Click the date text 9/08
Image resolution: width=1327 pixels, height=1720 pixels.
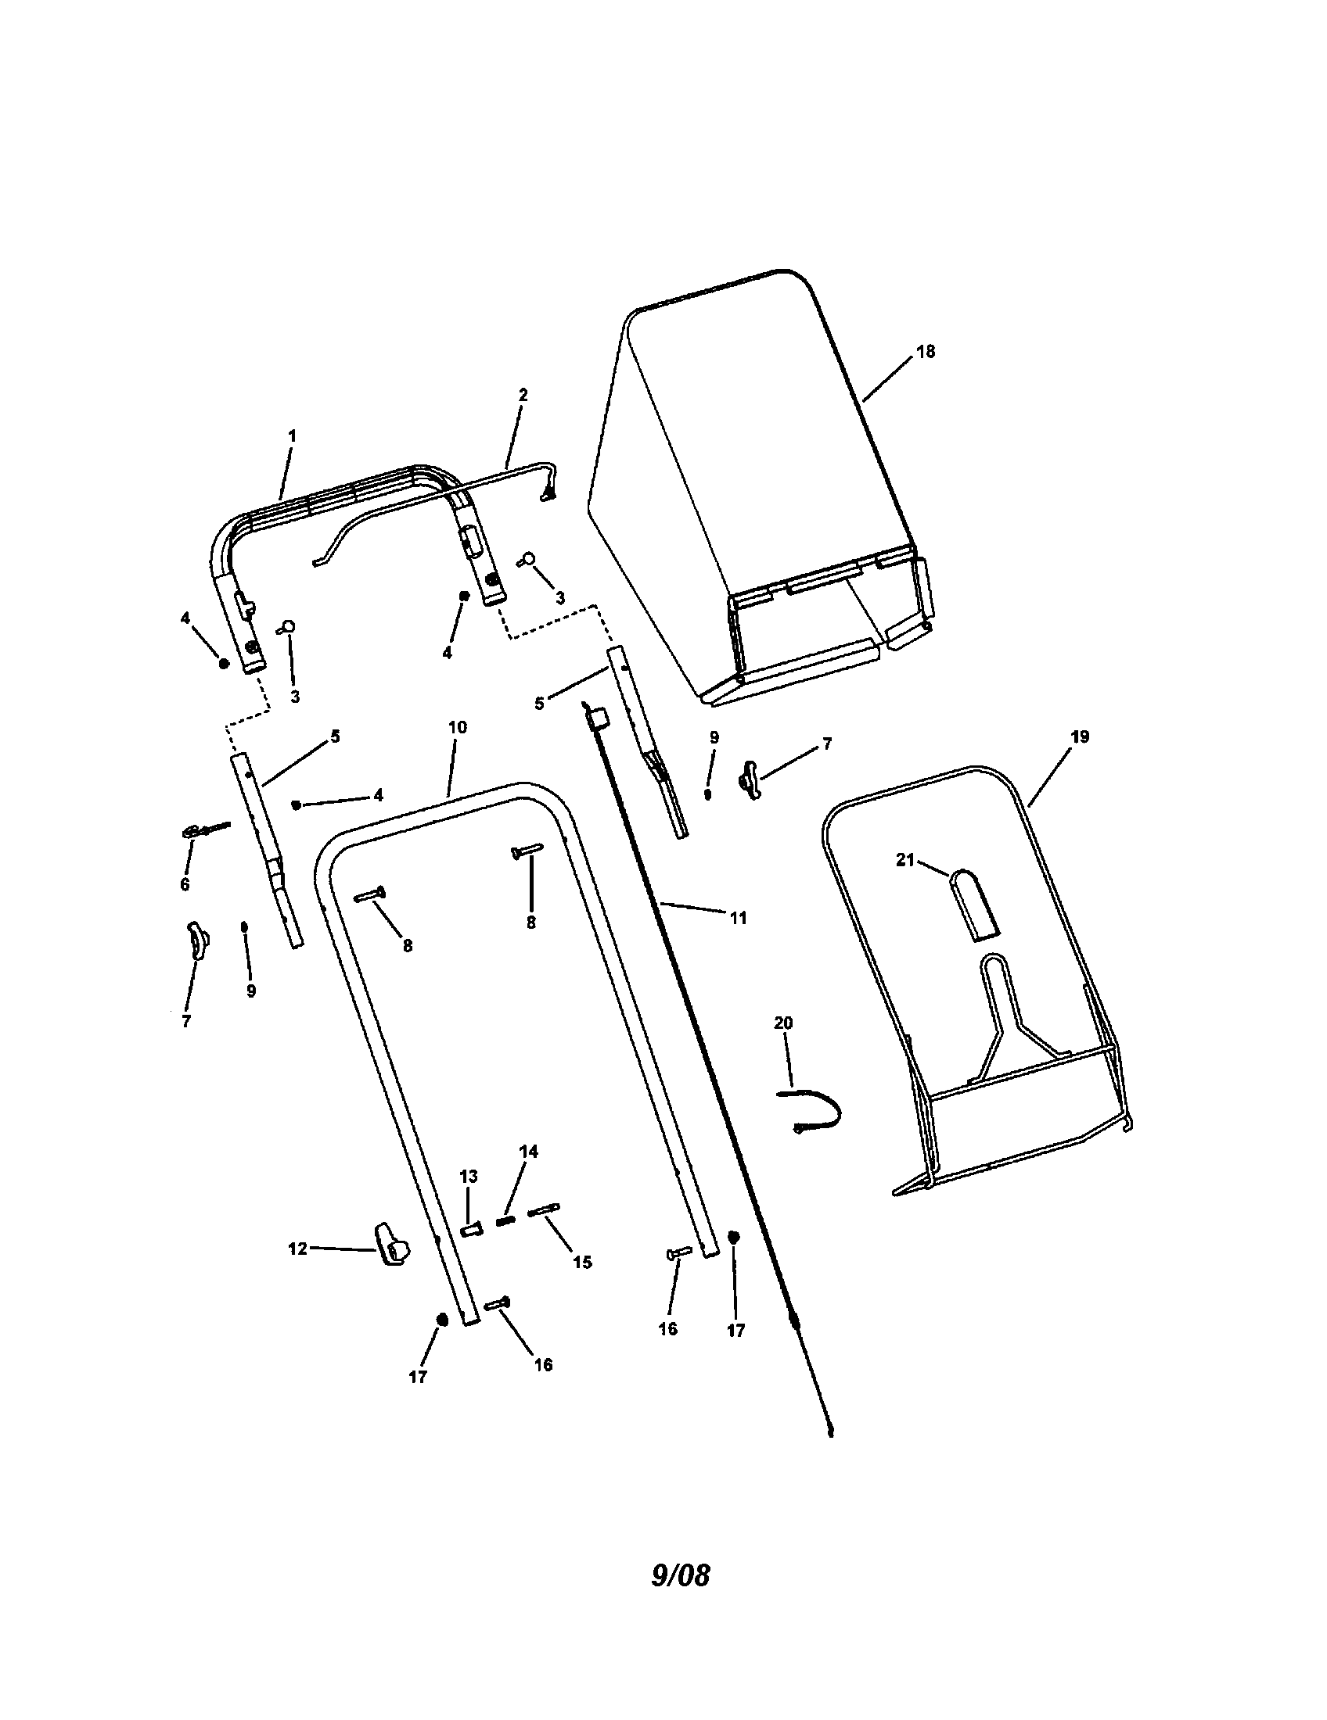click(680, 1591)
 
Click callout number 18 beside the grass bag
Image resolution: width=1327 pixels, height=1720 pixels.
click(926, 352)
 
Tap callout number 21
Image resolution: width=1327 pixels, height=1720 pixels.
click(904, 860)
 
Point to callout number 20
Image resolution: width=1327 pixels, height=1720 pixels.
click(783, 1023)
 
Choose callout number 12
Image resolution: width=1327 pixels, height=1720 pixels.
click(297, 1249)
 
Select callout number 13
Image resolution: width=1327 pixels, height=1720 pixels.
click(468, 1177)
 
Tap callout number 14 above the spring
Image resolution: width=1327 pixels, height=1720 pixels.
click(528, 1152)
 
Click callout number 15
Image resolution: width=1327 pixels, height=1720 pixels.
click(581, 1262)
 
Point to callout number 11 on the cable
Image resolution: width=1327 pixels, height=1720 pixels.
click(738, 918)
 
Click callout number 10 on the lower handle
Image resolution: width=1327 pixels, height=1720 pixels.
click(457, 727)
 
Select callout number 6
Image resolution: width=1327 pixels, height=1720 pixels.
click(185, 884)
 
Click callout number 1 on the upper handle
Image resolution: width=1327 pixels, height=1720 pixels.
click(292, 435)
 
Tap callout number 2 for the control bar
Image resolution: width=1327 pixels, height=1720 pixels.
click(523, 395)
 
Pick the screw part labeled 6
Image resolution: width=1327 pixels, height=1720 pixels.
click(203, 830)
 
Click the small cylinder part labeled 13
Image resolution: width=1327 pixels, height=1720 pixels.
click(470, 1227)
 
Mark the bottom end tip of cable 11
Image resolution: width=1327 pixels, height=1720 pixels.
click(831, 1434)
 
